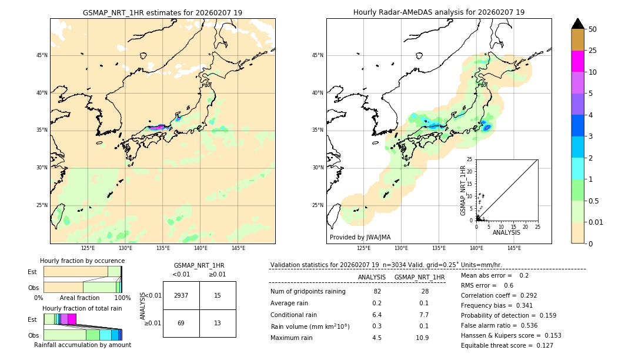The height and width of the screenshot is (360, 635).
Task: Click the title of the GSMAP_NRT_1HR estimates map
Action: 162,12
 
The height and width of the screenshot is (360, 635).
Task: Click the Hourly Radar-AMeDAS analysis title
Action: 439,12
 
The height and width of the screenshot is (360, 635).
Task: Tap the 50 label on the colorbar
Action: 593,29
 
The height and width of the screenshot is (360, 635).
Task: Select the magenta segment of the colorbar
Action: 577,61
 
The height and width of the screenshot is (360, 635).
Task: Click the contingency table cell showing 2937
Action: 181,295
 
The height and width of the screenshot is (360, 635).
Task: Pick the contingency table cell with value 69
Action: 181,323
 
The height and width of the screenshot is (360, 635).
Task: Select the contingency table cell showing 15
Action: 218,295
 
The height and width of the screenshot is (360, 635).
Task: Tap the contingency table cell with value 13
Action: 218,323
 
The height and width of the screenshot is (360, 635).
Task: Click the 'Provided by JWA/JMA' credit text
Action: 360,237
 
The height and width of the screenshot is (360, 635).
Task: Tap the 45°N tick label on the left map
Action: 42,55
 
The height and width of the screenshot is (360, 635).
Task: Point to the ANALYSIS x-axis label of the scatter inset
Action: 506,232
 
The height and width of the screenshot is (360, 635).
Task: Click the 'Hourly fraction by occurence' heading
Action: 82,261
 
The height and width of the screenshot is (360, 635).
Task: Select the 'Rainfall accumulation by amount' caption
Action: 82,345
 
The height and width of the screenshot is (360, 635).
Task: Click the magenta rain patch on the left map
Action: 157,127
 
